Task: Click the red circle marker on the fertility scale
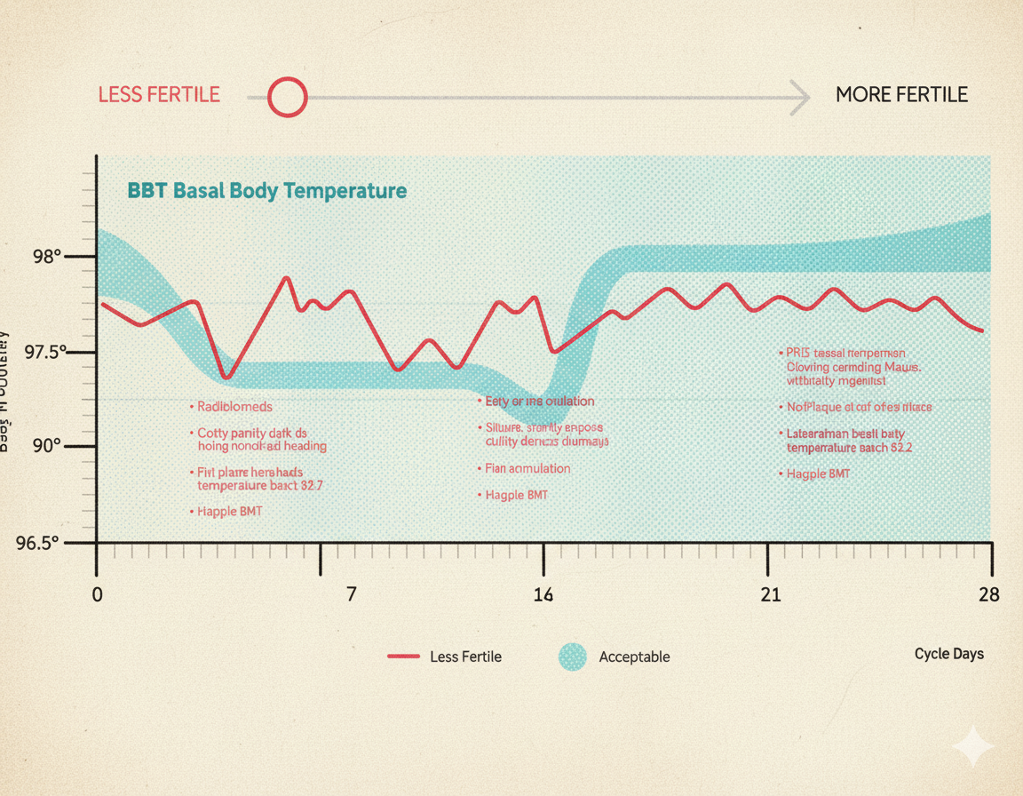pyautogui.click(x=287, y=97)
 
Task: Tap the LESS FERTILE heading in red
pyautogui.click(x=159, y=95)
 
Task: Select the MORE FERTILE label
pyautogui.click(x=901, y=95)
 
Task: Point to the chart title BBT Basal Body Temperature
pyautogui.click(x=267, y=190)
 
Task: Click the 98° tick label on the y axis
pyautogui.click(x=47, y=258)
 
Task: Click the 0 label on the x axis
pyautogui.click(x=98, y=594)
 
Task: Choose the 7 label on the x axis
pyautogui.click(x=352, y=594)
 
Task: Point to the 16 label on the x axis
pyautogui.click(x=543, y=594)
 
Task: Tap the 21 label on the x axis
pyautogui.click(x=771, y=594)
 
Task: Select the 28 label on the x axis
pyautogui.click(x=988, y=594)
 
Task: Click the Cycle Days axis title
pyautogui.click(x=948, y=654)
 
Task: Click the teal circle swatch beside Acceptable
pyautogui.click(x=573, y=657)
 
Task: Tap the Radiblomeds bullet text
pyautogui.click(x=234, y=407)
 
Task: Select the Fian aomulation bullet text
pyautogui.click(x=527, y=468)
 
